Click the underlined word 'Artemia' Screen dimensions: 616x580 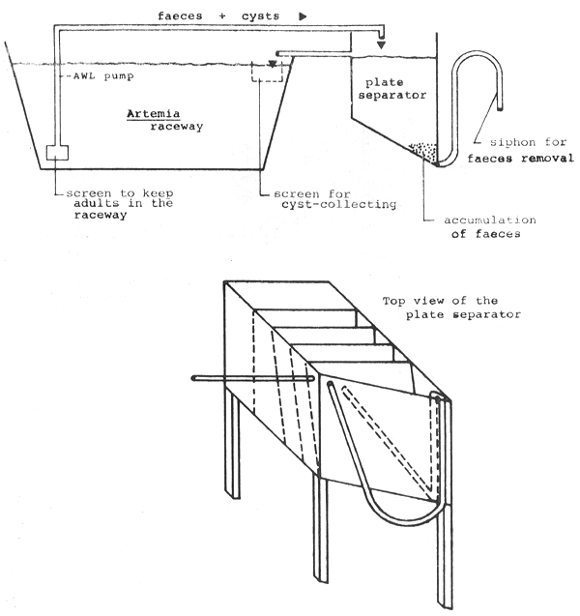pyautogui.click(x=151, y=113)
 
